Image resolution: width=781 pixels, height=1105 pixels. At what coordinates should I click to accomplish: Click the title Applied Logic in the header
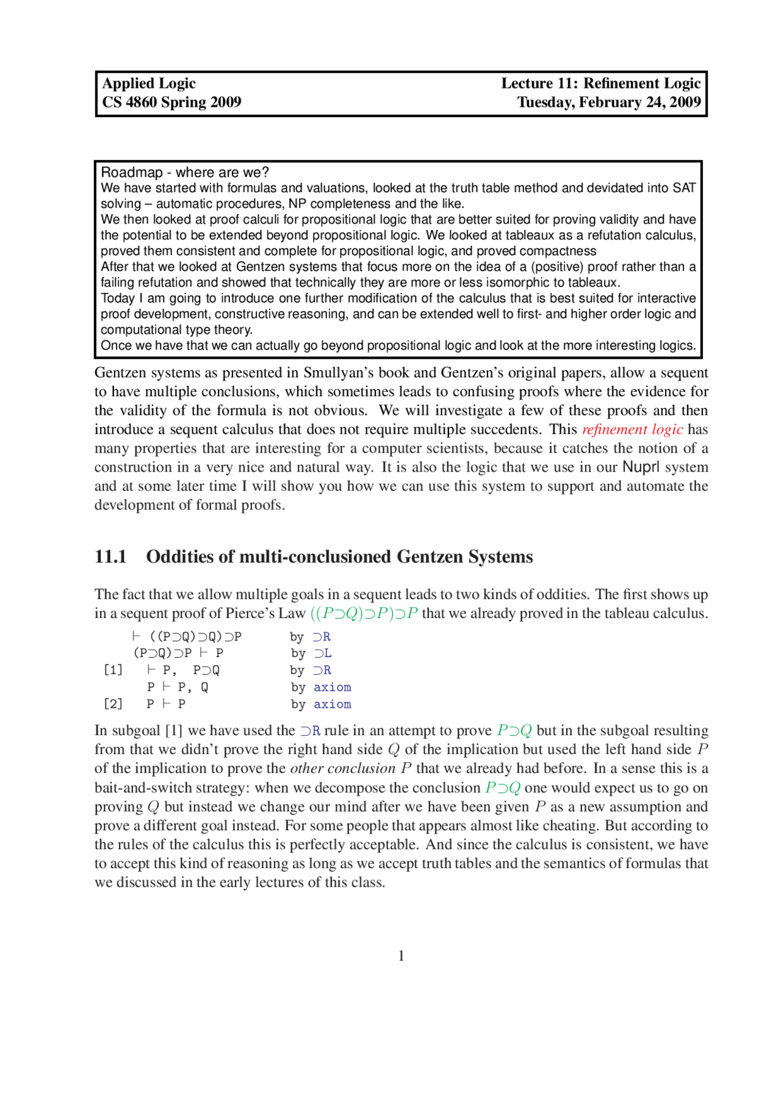[149, 84]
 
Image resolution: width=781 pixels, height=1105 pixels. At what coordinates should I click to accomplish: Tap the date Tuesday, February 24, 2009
[609, 103]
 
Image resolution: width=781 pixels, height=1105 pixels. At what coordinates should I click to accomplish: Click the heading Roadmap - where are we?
[184, 173]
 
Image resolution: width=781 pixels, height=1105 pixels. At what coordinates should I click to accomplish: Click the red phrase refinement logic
[632, 430]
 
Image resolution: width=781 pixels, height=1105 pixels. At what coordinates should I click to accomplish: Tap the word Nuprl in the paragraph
[641, 467]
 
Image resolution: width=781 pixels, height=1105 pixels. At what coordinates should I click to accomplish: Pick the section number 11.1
[110, 557]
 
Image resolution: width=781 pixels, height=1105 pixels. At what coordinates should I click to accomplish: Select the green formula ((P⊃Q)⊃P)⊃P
[364, 614]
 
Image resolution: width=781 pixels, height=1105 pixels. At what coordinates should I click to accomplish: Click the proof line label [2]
[113, 704]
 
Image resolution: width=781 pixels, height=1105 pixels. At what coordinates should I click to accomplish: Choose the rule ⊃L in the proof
[323, 653]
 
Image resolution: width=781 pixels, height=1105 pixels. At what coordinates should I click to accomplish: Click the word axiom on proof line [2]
[332, 704]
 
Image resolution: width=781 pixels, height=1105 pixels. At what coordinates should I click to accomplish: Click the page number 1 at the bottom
[401, 956]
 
